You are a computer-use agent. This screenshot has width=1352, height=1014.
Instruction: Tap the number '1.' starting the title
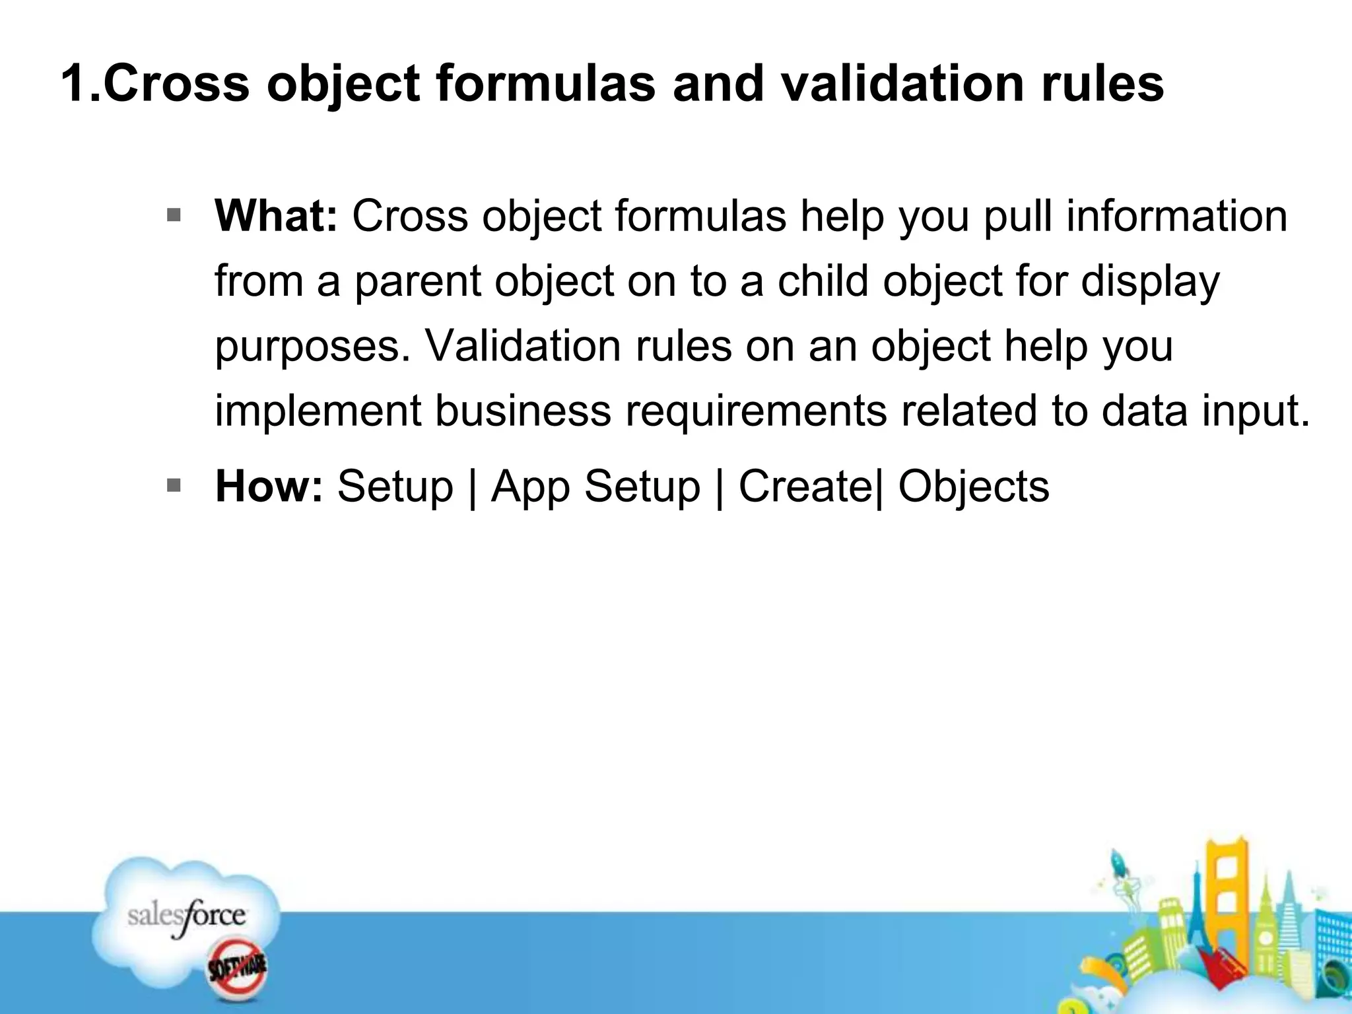(81, 84)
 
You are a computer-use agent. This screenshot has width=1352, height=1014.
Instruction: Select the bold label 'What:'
(276, 216)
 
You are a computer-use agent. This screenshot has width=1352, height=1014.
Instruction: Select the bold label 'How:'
(269, 487)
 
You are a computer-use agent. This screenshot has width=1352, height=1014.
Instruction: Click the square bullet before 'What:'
(174, 215)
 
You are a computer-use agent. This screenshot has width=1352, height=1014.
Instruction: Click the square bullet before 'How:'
(174, 486)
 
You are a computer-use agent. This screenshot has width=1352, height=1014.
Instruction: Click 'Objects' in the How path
(973, 487)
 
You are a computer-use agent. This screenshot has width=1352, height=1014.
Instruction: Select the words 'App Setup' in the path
(595, 487)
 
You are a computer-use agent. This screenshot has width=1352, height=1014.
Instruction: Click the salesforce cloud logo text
(187, 916)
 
